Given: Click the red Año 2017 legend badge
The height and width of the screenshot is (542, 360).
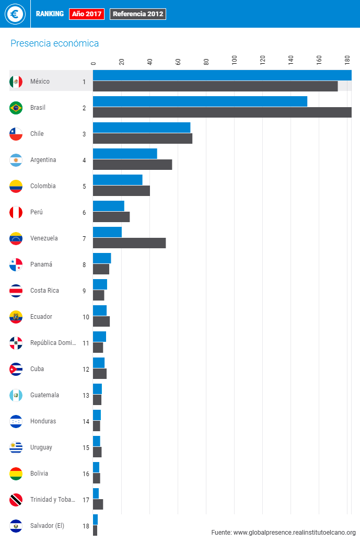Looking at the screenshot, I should coord(87,14).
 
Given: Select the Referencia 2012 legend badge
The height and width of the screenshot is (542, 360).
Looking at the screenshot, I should coord(138,14).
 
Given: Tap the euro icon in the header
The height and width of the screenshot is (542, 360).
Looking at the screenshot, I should coord(15,14).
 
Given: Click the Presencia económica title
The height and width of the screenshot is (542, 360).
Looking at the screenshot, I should coord(54,43).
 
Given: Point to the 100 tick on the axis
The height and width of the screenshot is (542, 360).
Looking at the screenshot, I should coord(234,60).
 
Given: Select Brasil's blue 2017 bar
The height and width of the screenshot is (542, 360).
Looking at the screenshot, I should coord(200,101).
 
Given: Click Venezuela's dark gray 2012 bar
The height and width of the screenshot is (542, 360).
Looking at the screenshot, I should coord(129,243).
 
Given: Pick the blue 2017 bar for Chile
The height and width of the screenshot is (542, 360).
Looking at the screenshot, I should coord(141,128).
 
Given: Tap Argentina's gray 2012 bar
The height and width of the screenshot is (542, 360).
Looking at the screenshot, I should coord(132,165).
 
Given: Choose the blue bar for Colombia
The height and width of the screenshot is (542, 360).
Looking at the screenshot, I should coord(118,180).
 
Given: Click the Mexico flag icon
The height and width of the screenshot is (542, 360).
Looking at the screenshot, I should coord(16,82).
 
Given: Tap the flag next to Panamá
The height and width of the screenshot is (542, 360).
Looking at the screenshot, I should coord(16,264).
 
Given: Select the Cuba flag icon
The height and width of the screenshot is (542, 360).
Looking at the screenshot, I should coord(16,369).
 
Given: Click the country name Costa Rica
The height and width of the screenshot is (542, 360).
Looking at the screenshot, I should coord(44,291).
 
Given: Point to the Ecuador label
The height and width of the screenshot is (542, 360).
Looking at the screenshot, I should coord(41,317).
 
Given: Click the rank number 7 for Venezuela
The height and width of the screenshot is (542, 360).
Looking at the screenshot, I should coord(84,239).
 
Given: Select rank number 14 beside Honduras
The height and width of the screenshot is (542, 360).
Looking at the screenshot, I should coord(86,422).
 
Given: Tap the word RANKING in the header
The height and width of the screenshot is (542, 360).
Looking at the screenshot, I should coord(50,14).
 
